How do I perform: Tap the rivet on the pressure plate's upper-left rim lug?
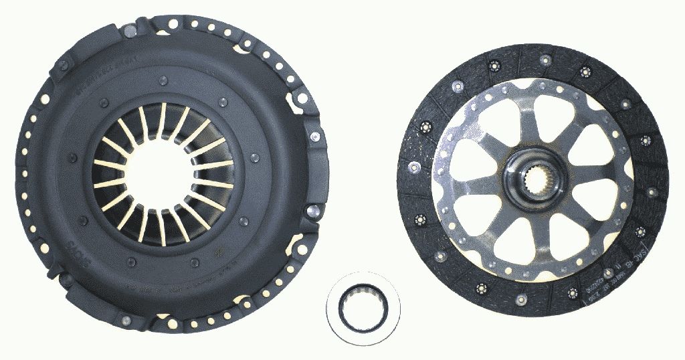[64, 65]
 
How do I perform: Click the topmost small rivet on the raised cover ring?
[163, 81]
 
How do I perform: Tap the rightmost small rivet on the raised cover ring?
[256, 158]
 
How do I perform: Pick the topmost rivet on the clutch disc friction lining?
[545, 61]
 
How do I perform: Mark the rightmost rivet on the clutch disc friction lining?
[652, 191]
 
